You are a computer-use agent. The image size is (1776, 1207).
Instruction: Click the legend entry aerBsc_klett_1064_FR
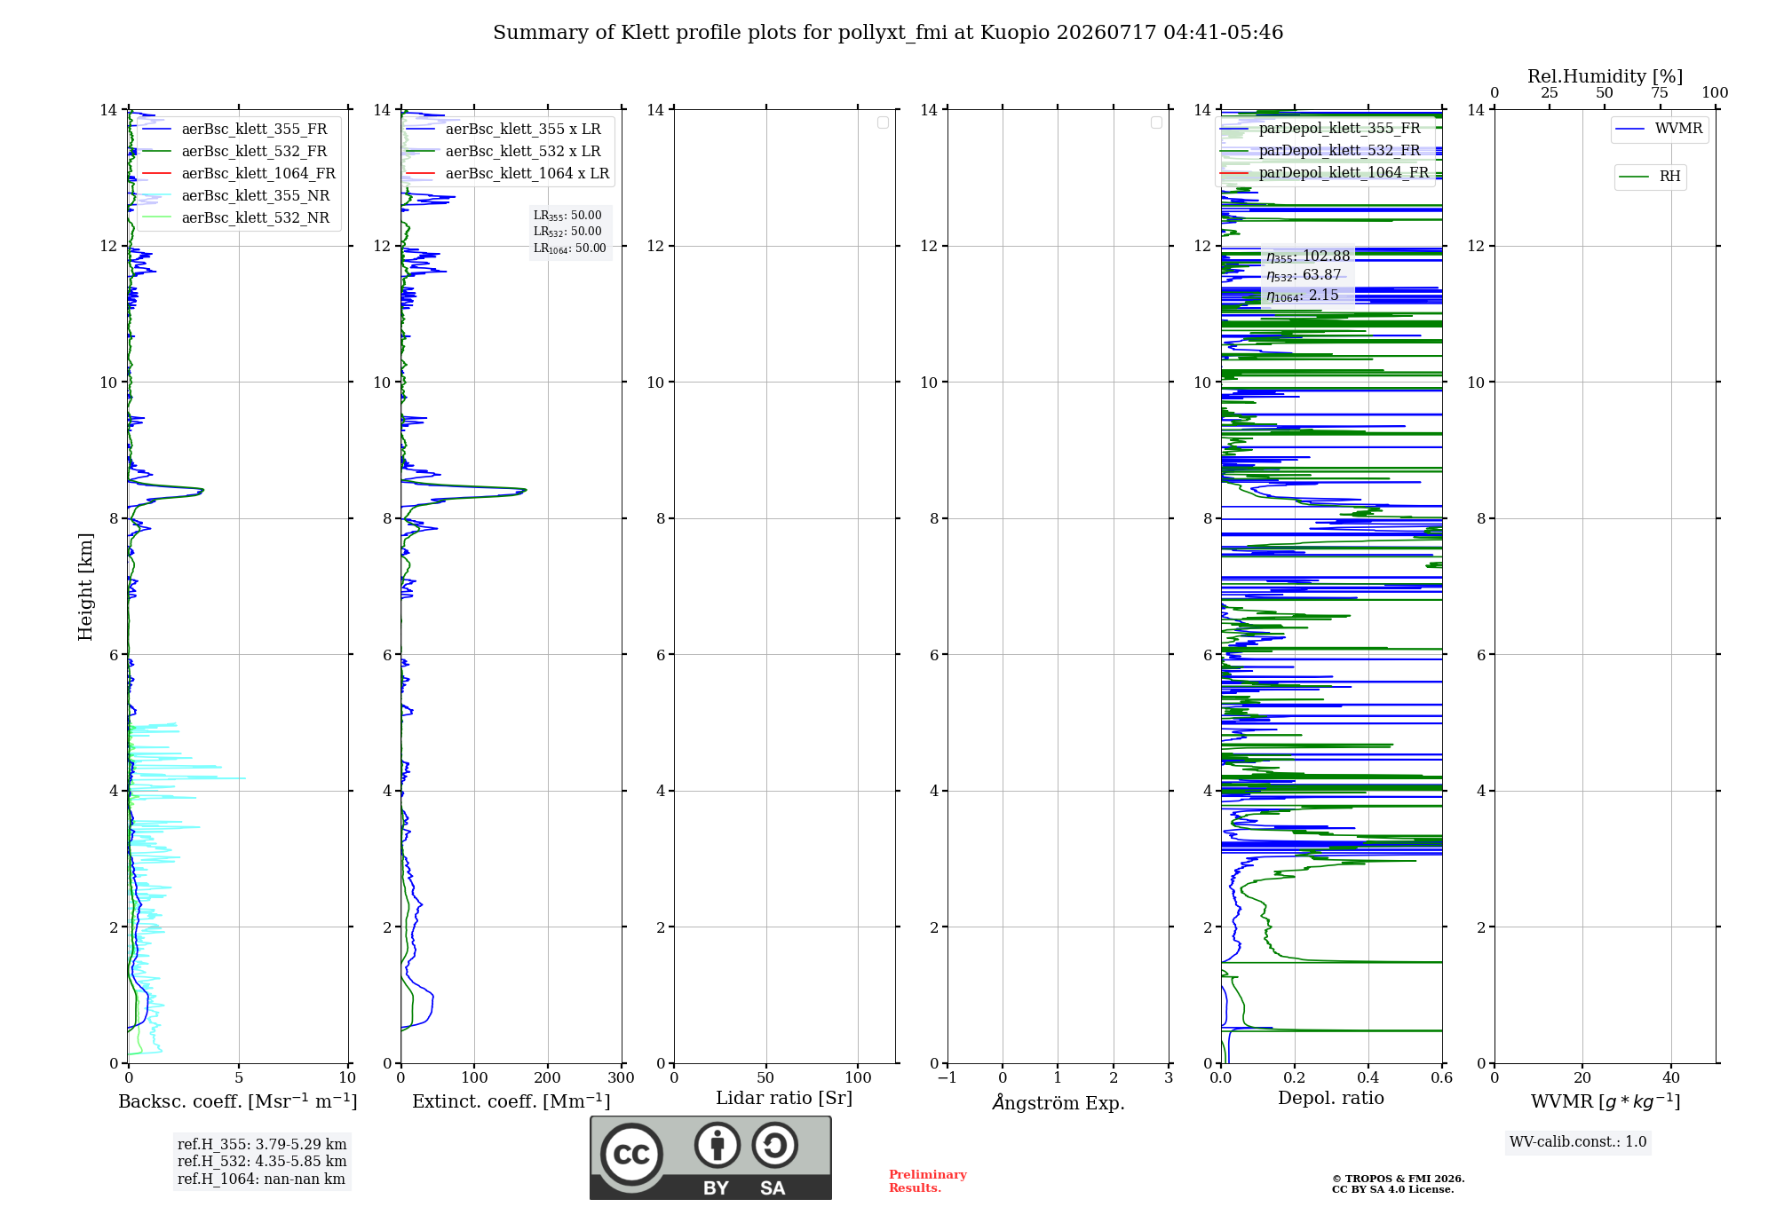[239, 173]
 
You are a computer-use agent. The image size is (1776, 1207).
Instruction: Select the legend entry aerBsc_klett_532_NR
[236, 217]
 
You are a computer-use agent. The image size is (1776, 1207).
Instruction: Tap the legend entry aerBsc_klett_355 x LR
[503, 129]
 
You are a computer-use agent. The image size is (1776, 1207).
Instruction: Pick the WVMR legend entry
[1660, 129]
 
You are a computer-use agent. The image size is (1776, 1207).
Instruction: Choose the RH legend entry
[1650, 177]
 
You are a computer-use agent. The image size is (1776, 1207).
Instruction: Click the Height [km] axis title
[85, 587]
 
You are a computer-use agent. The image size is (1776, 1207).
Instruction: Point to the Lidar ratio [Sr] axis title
[784, 1098]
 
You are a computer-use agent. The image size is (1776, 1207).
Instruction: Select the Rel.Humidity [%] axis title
[1606, 76]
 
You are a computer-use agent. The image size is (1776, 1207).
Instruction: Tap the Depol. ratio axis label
[1331, 1098]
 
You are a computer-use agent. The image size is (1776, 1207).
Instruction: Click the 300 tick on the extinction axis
[621, 1077]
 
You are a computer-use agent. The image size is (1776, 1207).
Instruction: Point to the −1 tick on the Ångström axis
[947, 1077]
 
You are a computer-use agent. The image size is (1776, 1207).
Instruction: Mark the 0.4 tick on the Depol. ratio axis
[1368, 1077]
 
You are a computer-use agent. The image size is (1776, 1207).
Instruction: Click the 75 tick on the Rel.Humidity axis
[1660, 93]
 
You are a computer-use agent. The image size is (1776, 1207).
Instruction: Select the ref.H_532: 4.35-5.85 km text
[262, 1161]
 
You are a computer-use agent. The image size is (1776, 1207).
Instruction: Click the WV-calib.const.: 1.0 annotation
[1578, 1142]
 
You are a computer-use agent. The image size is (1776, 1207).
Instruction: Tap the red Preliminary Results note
[928, 1181]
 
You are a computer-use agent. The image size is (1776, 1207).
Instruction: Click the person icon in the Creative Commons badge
[718, 1145]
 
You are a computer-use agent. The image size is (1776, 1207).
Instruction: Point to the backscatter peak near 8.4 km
[202, 490]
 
